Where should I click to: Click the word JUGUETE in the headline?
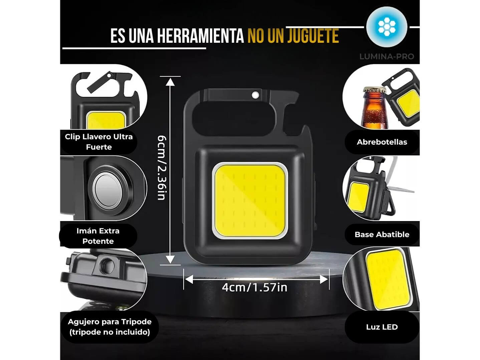[x=312, y=36]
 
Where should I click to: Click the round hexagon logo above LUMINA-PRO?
[x=387, y=27]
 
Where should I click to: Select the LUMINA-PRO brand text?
[x=387, y=56]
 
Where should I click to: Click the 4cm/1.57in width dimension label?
[x=255, y=287]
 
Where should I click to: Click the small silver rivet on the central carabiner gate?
[x=256, y=95]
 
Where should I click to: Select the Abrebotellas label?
[x=382, y=142]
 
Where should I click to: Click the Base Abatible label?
[x=382, y=234]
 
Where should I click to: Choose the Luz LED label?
[x=382, y=327]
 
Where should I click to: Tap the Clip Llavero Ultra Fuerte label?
[x=99, y=142]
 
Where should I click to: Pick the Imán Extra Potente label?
[x=98, y=236]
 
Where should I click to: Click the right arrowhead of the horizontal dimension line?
[x=325, y=279]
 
